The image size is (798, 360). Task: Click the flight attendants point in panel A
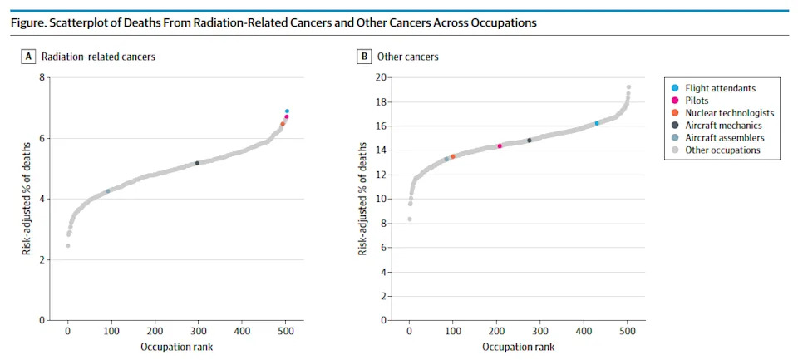click(287, 111)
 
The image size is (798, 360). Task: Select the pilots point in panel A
click(287, 116)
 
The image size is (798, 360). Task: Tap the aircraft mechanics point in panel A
click(197, 163)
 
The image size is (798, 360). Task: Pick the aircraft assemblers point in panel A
click(108, 191)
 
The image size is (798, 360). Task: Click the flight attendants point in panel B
click(597, 123)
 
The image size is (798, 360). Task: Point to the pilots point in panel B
click(500, 146)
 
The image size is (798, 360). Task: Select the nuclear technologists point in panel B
click(453, 156)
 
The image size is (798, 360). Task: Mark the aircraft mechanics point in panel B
click(530, 140)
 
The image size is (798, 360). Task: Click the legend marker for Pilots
click(675, 101)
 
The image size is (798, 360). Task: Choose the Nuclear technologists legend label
click(722, 113)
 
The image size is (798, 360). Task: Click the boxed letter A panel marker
click(27, 57)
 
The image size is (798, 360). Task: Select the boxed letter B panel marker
click(364, 57)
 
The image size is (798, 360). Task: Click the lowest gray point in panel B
click(410, 219)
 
